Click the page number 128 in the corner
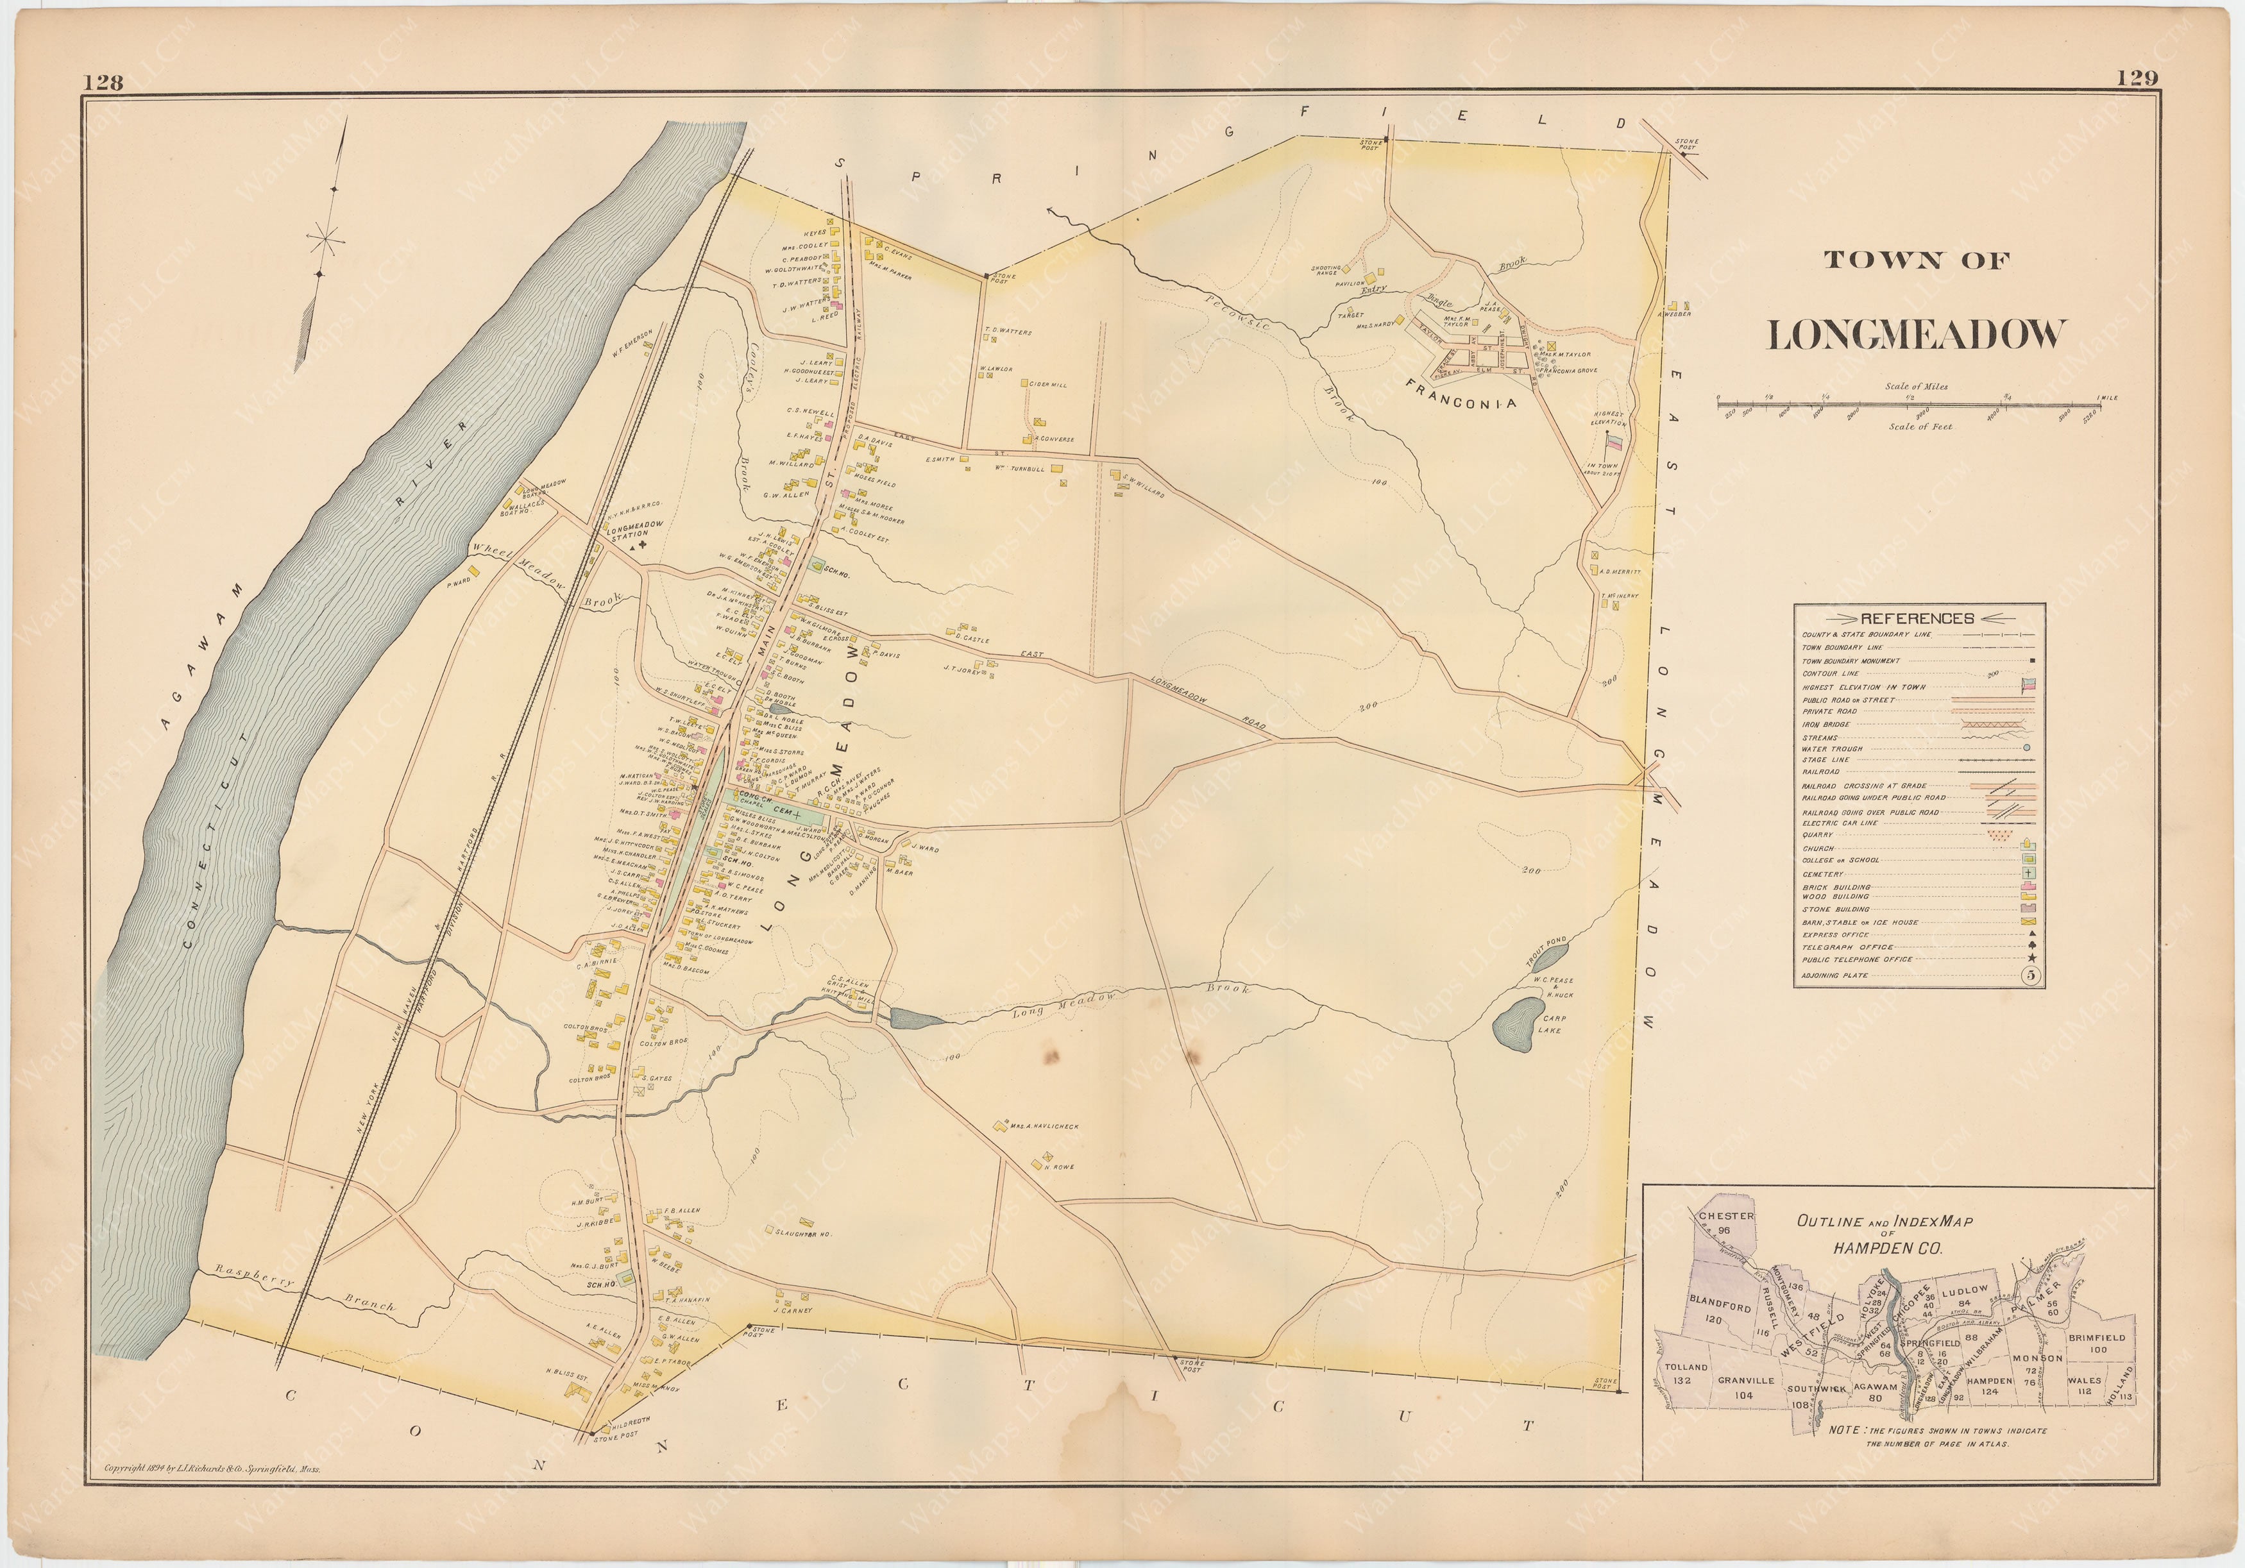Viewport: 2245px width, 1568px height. (x=103, y=82)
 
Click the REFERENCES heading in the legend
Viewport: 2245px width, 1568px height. (x=1917, y=618)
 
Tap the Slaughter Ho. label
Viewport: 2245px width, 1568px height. (x=803, y=1235)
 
